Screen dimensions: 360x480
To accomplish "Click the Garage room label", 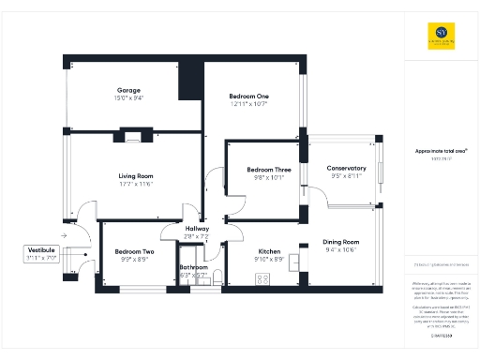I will [x=128, y=89].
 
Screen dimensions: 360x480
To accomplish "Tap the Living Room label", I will [x=135, y=175].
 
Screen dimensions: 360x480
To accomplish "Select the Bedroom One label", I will [x=248, y=96].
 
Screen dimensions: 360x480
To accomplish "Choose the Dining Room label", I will [x=341, y=241].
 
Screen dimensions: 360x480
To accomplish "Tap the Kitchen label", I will [x=270, y=251].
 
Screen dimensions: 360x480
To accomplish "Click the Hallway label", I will [x=197, y=229].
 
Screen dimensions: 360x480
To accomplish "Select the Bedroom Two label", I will [x=134, y=251].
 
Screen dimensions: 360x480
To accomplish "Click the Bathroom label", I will [x=194, y=267].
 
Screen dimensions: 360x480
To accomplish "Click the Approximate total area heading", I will [x=441, y=150].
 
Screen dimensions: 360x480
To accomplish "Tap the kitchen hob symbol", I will [x=262, y=278].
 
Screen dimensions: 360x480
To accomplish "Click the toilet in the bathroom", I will [x=217, y=275].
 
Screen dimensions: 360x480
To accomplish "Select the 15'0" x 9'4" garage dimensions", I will [x=128, y=97].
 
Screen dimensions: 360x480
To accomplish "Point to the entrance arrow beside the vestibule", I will [x=63, y=235].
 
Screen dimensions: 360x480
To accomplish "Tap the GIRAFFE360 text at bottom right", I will [x=441, y=335].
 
